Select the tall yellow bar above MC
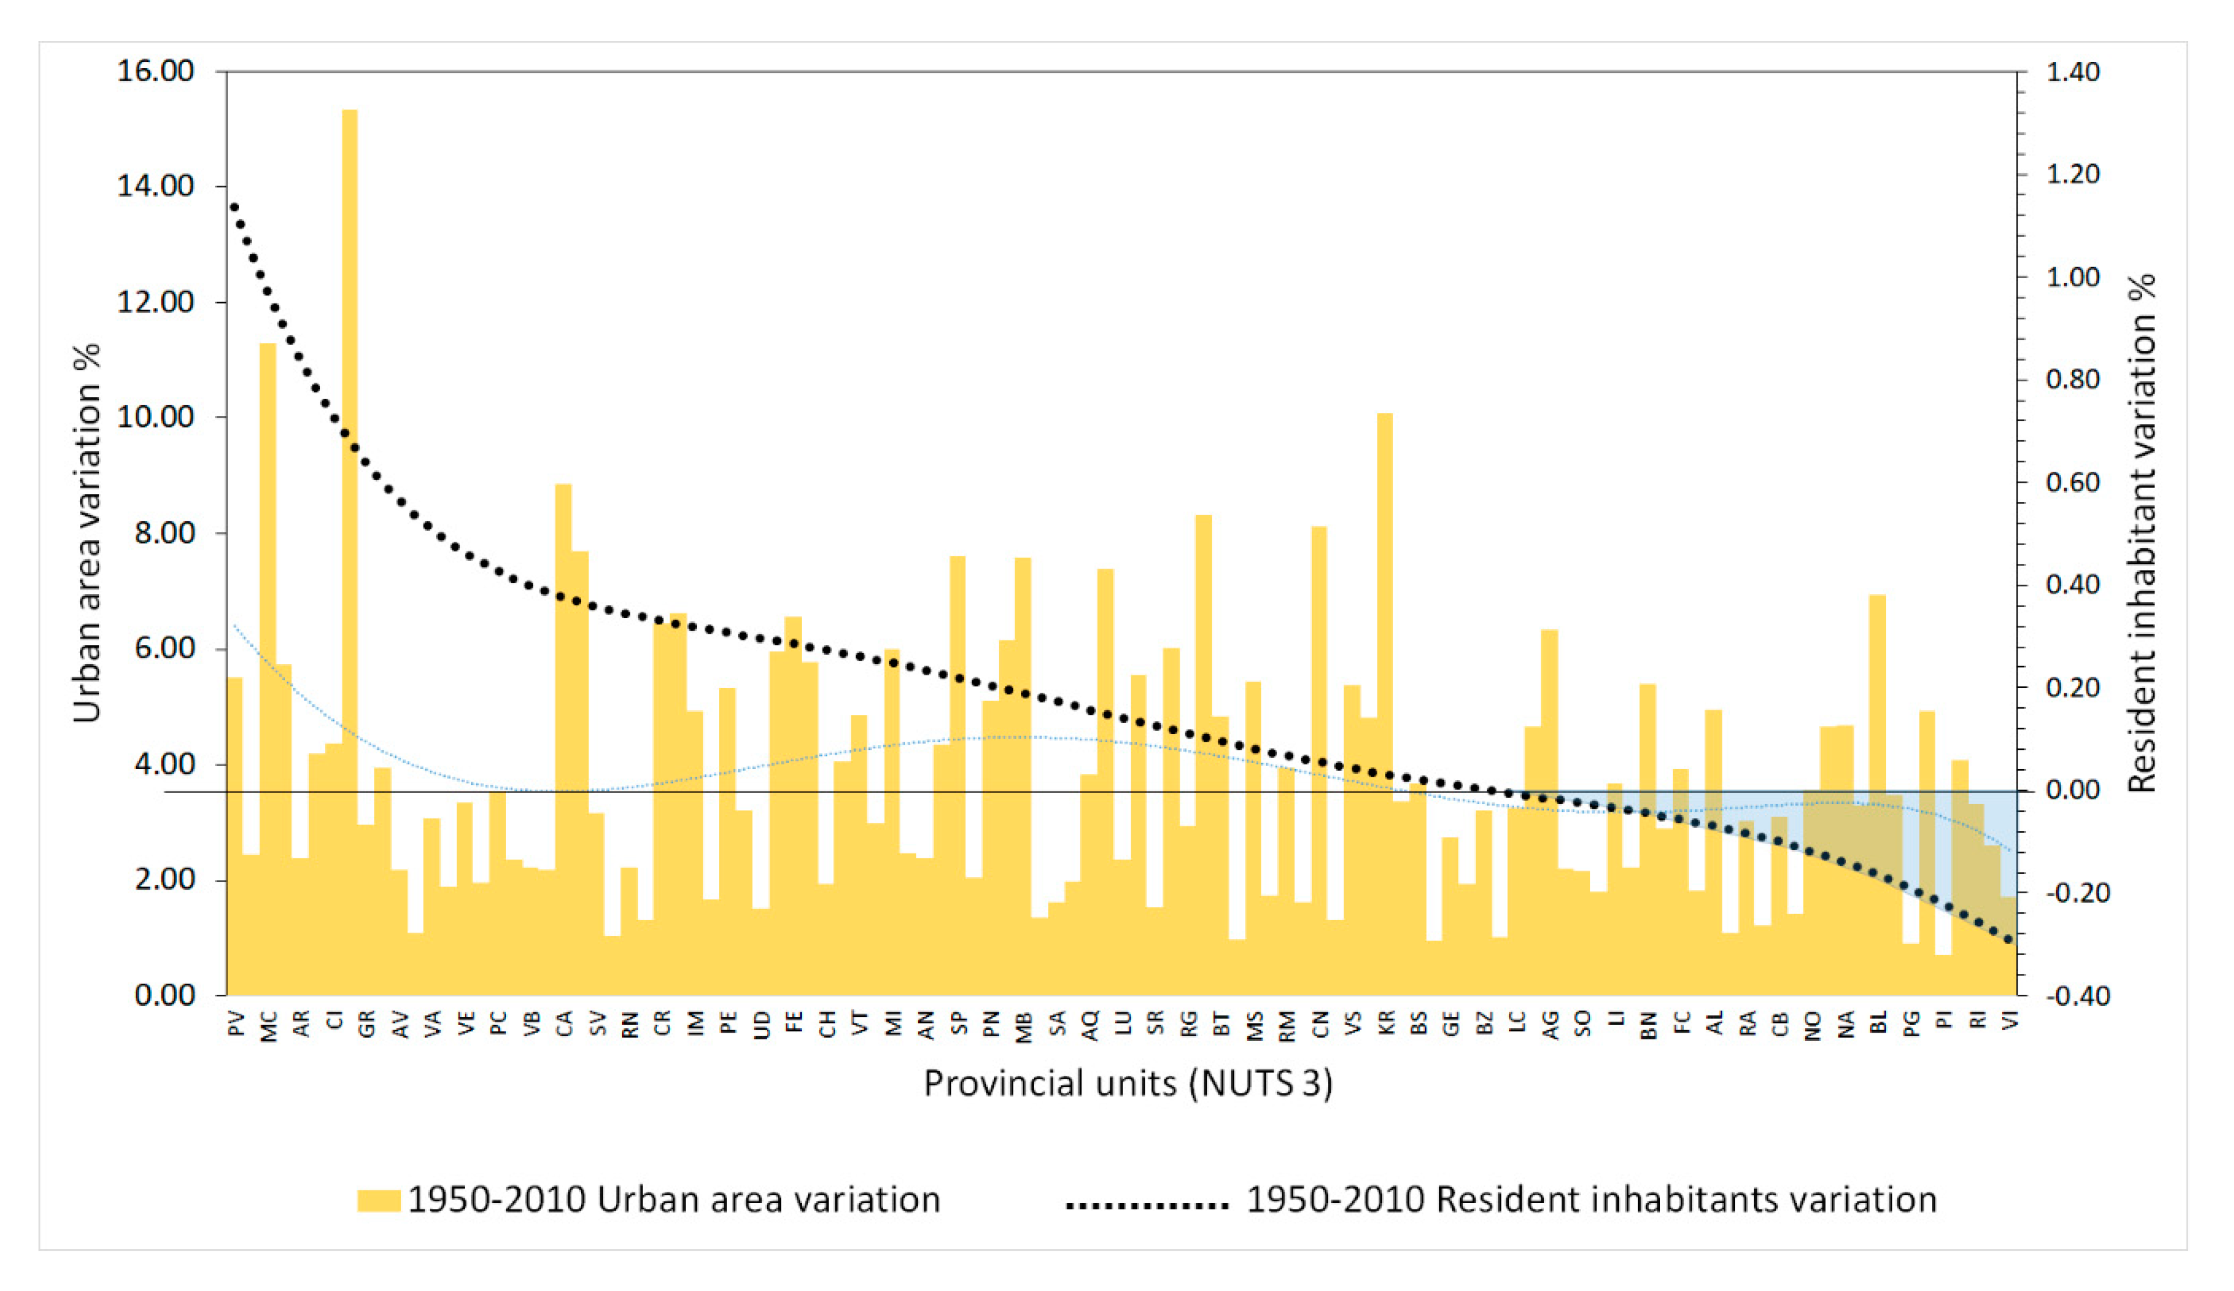tap(268, 620)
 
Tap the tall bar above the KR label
tap(1385, 665)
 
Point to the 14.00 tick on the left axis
tap(155, 186)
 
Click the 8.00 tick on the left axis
tap(155, 533)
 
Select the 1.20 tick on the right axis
tap(2072, 174)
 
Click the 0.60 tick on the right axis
tap(2072, 482)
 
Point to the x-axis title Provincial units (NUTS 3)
tap(1128, 1083)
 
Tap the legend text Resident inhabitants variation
tap(1591, 1199)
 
